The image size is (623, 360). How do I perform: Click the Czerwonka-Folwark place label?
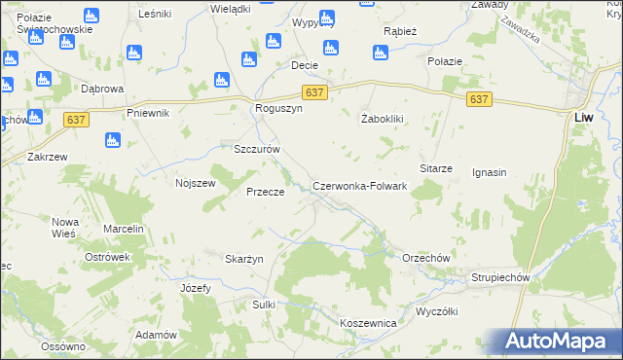pos(359,186)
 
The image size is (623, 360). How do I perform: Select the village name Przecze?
pos(265,193)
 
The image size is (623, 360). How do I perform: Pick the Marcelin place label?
pos(124,229)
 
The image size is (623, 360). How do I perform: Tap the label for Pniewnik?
pos(148,113)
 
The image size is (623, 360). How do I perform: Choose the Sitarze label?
pos(436,168)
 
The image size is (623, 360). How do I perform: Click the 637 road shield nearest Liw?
pos(479,99)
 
